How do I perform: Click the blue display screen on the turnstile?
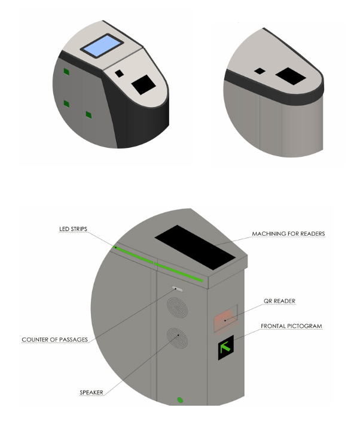coord(102,46)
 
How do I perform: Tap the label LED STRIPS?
coord(74,229)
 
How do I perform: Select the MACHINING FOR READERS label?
coord(288,233)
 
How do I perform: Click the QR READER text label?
coord(279,301)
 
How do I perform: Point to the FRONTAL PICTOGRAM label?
coord(291,326)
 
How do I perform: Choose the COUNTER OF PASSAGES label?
coord(55,340)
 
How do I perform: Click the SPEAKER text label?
coord(91,393)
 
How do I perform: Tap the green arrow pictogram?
coord(225,348)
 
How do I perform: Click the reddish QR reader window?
coord(226,320)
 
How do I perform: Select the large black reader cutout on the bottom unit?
coord(195,247)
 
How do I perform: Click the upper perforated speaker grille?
coord(177,308)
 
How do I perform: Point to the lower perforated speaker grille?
coord(177,338)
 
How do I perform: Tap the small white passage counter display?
coord(178,289)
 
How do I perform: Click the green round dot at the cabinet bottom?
coord(180,400)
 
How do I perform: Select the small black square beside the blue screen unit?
coord(119,73)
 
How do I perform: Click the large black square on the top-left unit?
coord(144,84)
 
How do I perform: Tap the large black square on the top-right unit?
coord(291,76)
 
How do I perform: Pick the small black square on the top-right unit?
coord(260,71)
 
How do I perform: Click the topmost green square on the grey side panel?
coord(66,72)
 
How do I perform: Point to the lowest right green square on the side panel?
coord(89,115)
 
